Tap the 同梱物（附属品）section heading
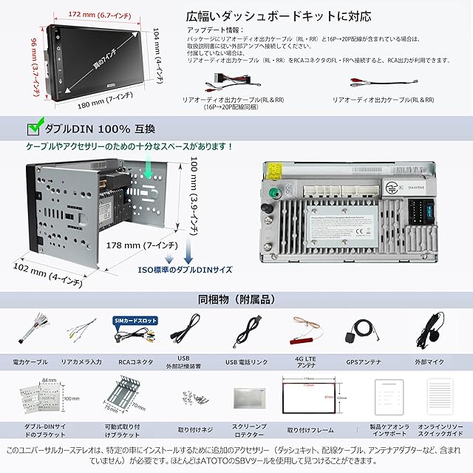tap(236, 300)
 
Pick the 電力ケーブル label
tap(31, 363)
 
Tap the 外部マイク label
tap(430, 363)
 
